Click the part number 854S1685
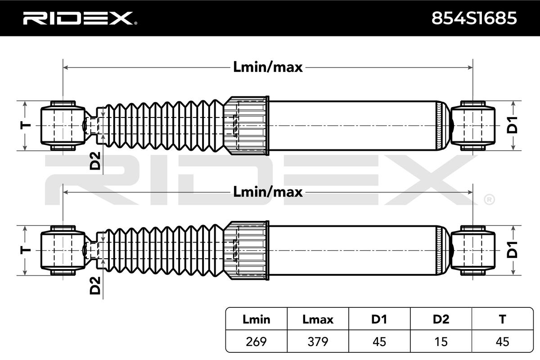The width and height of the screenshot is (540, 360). click(474, 18)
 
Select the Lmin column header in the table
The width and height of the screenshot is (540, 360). click(256, 319)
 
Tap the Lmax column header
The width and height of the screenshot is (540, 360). click(318, 319)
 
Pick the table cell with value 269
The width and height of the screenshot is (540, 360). click(256, 342)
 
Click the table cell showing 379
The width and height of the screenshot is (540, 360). click(318, 342)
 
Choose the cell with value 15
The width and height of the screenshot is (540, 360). click(441, 342)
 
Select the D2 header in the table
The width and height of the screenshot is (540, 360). click(441, 319)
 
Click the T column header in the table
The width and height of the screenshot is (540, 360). click(502, 319)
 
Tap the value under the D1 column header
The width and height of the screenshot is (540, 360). click(379, 342)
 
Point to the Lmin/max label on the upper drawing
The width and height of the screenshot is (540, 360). click(268, 67)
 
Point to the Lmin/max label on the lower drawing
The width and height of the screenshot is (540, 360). click(268, 192)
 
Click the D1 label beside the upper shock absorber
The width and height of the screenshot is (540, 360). click(513, 125)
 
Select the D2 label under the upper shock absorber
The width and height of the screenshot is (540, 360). click(95, 162)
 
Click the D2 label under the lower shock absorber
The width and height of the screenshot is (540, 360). click(95, 285)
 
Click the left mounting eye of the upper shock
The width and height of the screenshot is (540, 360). click(62, 125)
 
